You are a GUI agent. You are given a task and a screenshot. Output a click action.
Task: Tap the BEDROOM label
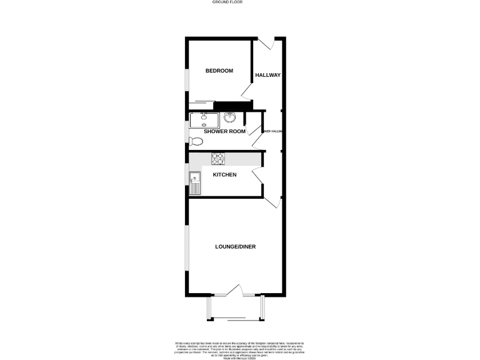pyautogui.click(x=219, y=71)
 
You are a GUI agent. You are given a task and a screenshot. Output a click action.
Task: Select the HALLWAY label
pyautogui.click(x=267, y=75)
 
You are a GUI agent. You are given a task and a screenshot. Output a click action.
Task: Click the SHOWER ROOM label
pyautogui.click(x=224, y=131)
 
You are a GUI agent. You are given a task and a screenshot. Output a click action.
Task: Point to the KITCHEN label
pyautogui.click(x=225, y=174)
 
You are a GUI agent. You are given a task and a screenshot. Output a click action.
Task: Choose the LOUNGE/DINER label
pyautogui.click(x=235, y=246)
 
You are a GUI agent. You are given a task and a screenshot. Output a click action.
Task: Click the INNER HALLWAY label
pyautogui.click(x=273, y=131)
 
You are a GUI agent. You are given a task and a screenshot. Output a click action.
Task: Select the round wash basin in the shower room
pyautogui.click(x=229, y=117)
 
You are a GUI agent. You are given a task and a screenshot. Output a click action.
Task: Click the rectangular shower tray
pyautogui.click(x=205, y=119)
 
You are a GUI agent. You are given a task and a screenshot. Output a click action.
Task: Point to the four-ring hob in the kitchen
pyautogui.click(x=218, y=158)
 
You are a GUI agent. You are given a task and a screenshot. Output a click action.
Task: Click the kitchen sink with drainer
pyautogui.click(x=194, y=182)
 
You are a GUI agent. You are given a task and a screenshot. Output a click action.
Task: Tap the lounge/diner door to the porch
pyautogui.click(x=235, y=290)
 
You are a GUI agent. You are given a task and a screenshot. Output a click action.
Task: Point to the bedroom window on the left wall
pyautogui.click(x=186, y=78)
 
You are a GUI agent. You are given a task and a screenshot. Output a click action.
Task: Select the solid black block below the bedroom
pyautogui.click(x=229, y=106)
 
